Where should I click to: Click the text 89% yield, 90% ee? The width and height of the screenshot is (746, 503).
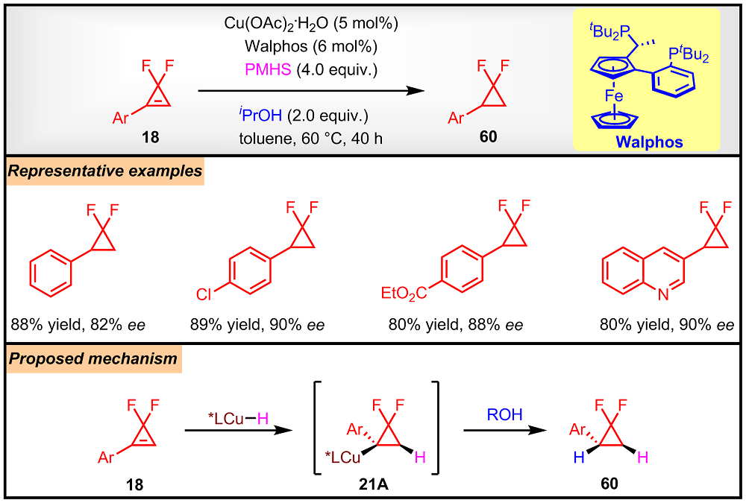258,325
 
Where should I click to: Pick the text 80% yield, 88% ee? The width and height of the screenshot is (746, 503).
456,325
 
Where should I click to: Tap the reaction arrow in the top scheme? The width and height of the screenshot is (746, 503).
306,92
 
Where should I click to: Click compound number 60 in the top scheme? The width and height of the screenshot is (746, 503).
488,138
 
